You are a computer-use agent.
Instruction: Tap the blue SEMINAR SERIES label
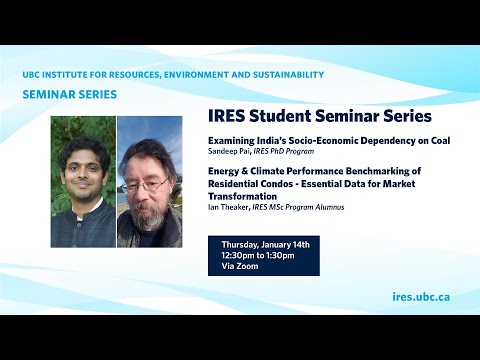tap(69, 95)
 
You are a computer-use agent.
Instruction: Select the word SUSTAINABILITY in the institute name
tap(282, 75)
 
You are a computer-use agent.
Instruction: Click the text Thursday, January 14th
tap(264, 245)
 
